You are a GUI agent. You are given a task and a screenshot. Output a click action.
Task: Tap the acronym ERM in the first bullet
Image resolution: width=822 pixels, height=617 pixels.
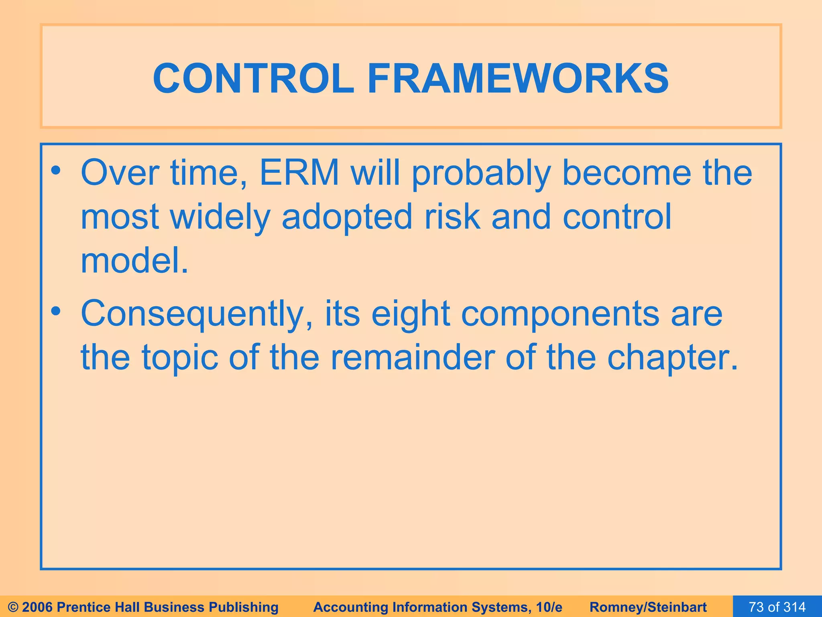tap(299, 173)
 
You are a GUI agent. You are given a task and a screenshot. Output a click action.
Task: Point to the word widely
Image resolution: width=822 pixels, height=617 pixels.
tap(220, 217)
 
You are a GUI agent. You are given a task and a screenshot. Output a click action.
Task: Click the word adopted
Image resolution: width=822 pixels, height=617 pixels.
tap(347, 217)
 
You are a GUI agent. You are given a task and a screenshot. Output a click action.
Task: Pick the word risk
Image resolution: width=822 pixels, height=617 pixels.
tap(452, 217)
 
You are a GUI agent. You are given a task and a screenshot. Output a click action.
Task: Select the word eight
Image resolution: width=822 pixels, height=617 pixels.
tap(410, 315)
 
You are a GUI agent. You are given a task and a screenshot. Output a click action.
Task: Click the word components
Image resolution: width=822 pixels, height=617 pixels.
tap(560, 315)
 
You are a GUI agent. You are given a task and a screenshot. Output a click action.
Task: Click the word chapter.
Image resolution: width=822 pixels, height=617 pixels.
tap(672, 358)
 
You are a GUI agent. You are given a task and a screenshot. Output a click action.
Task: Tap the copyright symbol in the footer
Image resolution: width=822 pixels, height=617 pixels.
tap(13, 607)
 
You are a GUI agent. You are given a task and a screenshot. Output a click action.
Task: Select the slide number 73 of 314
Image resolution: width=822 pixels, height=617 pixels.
tap(777, 607)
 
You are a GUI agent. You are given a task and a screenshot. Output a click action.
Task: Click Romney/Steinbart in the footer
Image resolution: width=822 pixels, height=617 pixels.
tap(648, 607)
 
